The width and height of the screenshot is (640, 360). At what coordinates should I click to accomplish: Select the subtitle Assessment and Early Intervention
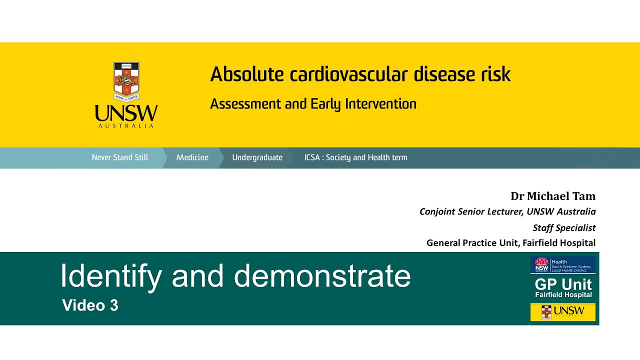[313, 104]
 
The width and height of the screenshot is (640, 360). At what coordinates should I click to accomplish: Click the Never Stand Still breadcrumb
[120, 157]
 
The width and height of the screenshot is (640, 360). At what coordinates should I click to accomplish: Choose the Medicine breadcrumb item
[192, 157]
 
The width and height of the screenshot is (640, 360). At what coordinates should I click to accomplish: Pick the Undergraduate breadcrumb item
[257, 157]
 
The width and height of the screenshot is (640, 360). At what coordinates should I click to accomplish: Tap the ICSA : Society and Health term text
[355, 157]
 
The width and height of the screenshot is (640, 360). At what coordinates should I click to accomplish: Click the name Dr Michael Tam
[553, 196]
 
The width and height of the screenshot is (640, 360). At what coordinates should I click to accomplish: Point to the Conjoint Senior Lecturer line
[507, 211]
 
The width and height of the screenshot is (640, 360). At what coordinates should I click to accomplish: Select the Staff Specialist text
[564, 227]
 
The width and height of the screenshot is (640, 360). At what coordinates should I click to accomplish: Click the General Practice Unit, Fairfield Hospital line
[510, 243]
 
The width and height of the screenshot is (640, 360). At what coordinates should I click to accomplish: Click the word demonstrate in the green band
[322, 275]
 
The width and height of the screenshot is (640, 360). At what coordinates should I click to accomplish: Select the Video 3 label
[90, 305]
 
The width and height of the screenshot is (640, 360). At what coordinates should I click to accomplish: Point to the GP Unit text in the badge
[563, 284]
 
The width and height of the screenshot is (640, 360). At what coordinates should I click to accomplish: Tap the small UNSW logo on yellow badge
[563, 312]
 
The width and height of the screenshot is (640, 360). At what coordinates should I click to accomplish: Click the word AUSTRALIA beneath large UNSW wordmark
[126, 126]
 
